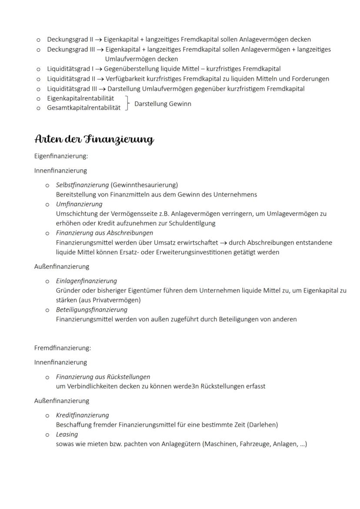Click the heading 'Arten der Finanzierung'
click(x=94, y=140)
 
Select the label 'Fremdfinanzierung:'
click(x=63, y=348)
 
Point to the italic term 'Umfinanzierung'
click(x=79, y=204)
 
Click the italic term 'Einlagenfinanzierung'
click(x=87, y=281)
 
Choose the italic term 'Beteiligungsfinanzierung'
click(x=92, y=309)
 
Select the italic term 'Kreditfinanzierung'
click(x=83, y=415)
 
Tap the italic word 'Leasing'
click(x=67, y=434)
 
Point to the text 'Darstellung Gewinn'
click(x=163, y=104)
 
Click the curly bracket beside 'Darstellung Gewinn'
click(x=127, y=103)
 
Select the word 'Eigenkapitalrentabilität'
click(x=81, y=99)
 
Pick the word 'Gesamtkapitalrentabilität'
click(x=84, y=108)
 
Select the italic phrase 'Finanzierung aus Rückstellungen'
click(x=103, y=377)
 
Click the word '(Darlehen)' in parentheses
click(x=262, y=425)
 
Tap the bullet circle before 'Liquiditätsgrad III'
click(x=39, y=89)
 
